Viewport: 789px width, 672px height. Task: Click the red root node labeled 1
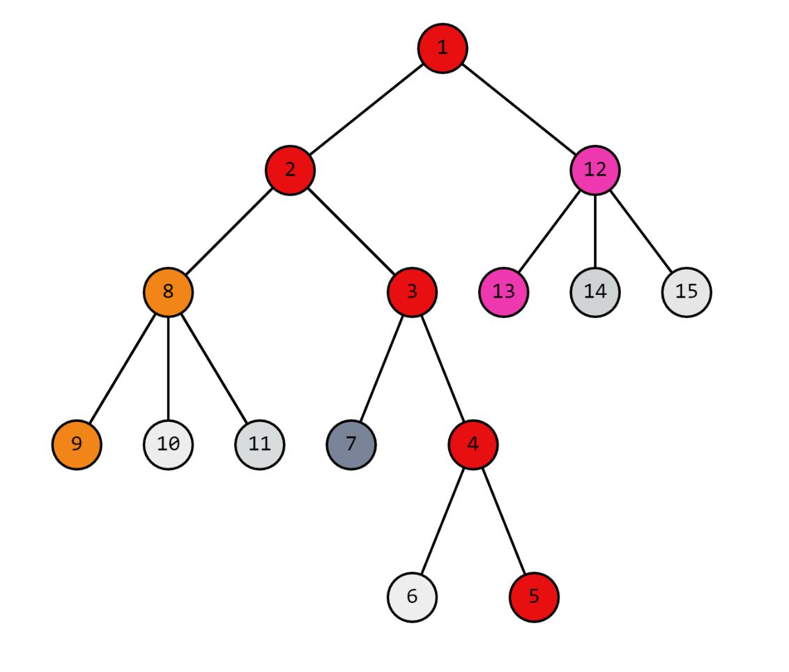pyautogui.click(x=443, y=48)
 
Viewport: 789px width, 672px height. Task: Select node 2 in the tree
pyautogui.click(x=290, y=170)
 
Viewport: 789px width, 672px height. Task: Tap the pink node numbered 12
pyautogui.click(x=595, y=170)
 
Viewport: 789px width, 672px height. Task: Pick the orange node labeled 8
pyautogui.click(x=168, y=292)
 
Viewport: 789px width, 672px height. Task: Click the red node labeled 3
pyautogui.click(x=412, y=292)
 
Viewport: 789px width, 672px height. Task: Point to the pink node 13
pyautogui.click(x=503, y=292)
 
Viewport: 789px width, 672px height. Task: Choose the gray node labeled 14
pyautogui.click(x=595, y=292)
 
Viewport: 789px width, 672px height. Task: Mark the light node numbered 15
pyautogui.click(x=687, y=292)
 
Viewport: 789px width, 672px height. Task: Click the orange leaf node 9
pyautogui.click(x=77, y=445)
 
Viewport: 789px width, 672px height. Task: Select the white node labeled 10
pyautogui.click(x=168, y=445)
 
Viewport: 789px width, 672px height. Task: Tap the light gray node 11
pyautogui.click(x=259, y=445)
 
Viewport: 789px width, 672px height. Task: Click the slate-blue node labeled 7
pyautogui.click(x=351, y=445)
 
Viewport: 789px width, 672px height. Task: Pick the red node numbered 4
pyautogui.click(x=473, y=445)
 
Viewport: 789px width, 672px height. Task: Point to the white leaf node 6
pyautogui.click(x=412, y=597)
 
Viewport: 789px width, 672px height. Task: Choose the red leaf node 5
pyautogui.click(x=534, y=597)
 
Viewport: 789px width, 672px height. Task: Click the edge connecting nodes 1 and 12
pyautogui.click(x=519, y=109)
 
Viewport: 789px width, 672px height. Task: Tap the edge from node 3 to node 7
pyautogui.click(x=381, y=368)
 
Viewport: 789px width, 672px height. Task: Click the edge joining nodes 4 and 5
pyautogui.click(x=503, y=521)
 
